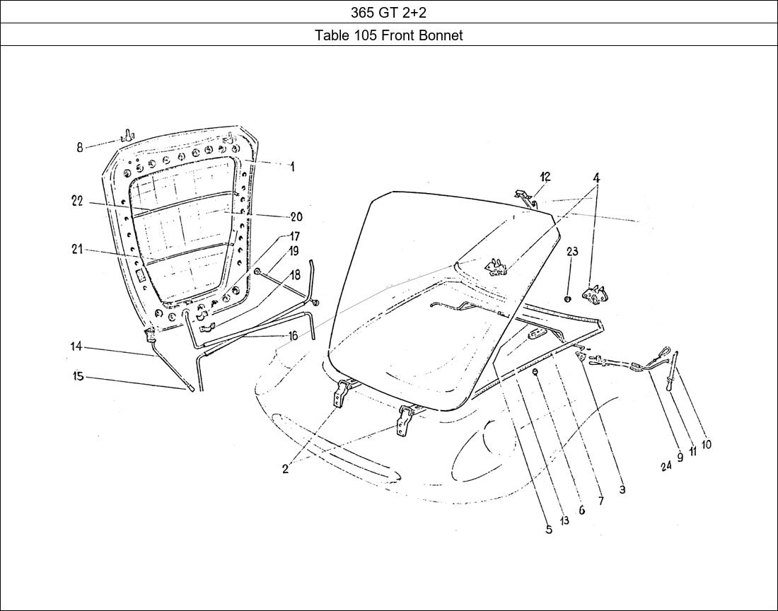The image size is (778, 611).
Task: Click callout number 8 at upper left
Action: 80,147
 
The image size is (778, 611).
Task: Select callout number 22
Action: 77,201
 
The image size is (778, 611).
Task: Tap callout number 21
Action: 77,249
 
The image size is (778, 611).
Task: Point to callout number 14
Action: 76,347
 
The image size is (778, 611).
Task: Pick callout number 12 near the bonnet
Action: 545,177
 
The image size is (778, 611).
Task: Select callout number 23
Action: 572,252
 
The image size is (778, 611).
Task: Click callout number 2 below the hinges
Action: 285,469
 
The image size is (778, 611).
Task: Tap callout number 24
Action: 666,466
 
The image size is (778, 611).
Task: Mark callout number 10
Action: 707,445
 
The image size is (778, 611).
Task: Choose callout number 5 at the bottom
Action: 549,529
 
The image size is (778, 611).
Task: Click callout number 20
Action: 296,217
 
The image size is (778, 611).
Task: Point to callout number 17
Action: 294,236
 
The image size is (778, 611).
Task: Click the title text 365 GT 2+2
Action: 388,12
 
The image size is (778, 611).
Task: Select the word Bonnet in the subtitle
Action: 441,35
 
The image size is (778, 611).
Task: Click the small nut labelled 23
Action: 568,298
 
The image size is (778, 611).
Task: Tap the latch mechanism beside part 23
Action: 594,293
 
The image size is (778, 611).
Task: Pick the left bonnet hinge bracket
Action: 343,392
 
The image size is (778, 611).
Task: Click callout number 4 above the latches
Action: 597,178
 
